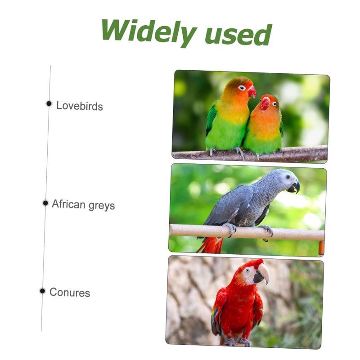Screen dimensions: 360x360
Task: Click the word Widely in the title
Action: pyautogui.click(x=149, y=32)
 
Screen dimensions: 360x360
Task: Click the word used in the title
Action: pyautogui.click(x=238, y=35)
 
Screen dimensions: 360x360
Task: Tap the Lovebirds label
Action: pyautogui.click(x=80, y=106)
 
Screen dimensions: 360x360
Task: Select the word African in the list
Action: pyautogui.click(x=68, y=204)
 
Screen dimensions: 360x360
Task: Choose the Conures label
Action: pyautogui.click(x=70, y=292)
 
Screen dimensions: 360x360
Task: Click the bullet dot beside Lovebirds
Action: pyautogui.click(x=49, y=103)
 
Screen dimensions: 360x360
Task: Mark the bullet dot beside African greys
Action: pyautogui.click(x=45, y=203)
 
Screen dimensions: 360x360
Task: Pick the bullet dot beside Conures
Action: pyautogui.click(x=42, y=291)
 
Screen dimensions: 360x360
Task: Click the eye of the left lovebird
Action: pyautogui.click(x=242, y=88)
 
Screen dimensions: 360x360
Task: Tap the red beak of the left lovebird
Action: pyautogui.click(x=252, y=92)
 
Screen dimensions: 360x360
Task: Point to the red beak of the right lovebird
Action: pyautogui.click(x=265, y=103)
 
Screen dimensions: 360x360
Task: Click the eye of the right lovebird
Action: pyautogui.click(x=274, y=104)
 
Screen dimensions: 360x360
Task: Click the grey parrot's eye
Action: pyautogui.click(x=288, y=177)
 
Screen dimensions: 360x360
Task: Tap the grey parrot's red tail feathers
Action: pyautogui.click(x=210, y=245)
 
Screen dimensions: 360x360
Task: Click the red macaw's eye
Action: pyautogui.click(x=247, y=270)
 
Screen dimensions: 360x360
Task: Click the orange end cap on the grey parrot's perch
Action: pyautogui.click(x=321, y=248)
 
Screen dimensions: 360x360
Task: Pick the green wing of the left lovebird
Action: pyautogui.click(x=211, y=119)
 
